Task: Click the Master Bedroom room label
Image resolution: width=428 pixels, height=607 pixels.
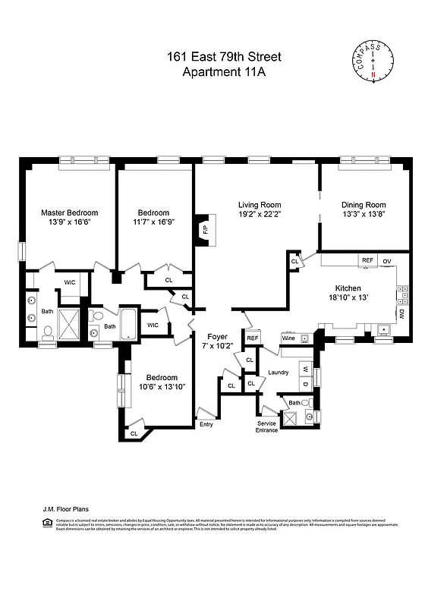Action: click(x=69, y=213)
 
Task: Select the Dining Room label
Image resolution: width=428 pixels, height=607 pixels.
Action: click(x=363, y=205)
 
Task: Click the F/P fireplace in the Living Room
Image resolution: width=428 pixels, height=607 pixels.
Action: click(x=203, y=228)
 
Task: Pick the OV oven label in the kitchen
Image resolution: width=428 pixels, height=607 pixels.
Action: click(x=386, y=260)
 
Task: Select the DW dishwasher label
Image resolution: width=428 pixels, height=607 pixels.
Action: click(x=401, y=313)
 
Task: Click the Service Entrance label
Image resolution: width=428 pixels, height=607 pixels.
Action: click(x=266, y=426)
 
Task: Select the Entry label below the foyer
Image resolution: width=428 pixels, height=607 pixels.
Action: click(x=206, y=424)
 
